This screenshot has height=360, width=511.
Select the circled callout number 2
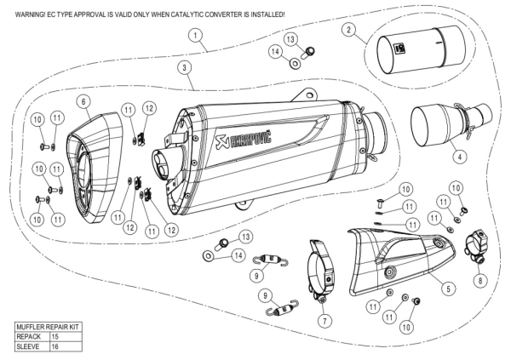[x=349, y=30]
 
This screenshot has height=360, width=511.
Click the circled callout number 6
[x=83, y=101]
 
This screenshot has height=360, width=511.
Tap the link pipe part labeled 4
[x=443, y=123]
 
